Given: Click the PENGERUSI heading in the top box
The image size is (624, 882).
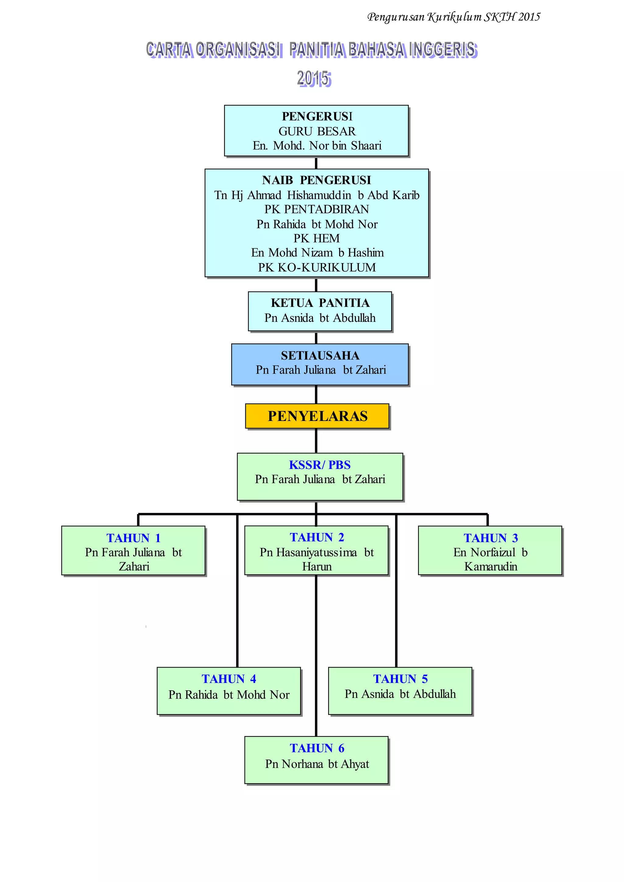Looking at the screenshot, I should pyautogui.click(x=317, y=116).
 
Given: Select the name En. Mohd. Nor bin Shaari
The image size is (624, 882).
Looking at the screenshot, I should pyautogui.click(x=317, y=146).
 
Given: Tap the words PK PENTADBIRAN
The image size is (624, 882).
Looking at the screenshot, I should pyautogui.click(x=317, y=209).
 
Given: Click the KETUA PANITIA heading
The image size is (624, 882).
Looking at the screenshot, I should pyautogui.click(x=320, y=303).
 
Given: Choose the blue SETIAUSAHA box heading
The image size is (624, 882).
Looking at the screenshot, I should pyautogui.click(x=320, y=355).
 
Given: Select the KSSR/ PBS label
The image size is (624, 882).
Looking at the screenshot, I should pyautogui.click(x=320, y=465).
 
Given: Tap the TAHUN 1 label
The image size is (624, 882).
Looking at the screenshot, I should pyautogui.click(x=133, y=538).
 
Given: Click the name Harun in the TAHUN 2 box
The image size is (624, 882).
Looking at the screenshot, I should pyautogui.click(x=317, y=567).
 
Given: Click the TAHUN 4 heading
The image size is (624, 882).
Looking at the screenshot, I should pyautogui.click(x=229, y=679).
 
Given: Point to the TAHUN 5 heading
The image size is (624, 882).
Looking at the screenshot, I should pyautogui.click(x=400, y=679).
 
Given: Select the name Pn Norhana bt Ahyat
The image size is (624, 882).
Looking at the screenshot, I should pyautogui.click(x=317, y=764).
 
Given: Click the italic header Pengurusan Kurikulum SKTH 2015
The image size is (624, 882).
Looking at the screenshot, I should pyautogui.click(x=453, y=17).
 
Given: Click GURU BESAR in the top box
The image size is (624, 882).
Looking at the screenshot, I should pyautogui.click(x=317, y=131).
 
